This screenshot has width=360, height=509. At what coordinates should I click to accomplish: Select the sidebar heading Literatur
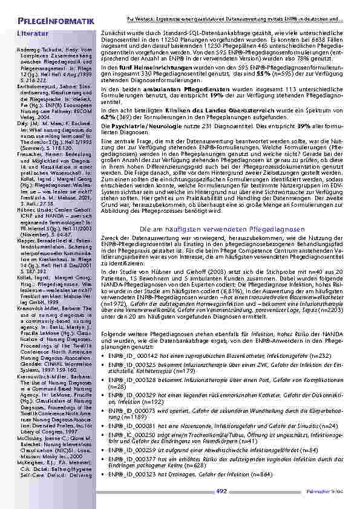33,35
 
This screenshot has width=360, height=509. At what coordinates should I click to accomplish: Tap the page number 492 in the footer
221,491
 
